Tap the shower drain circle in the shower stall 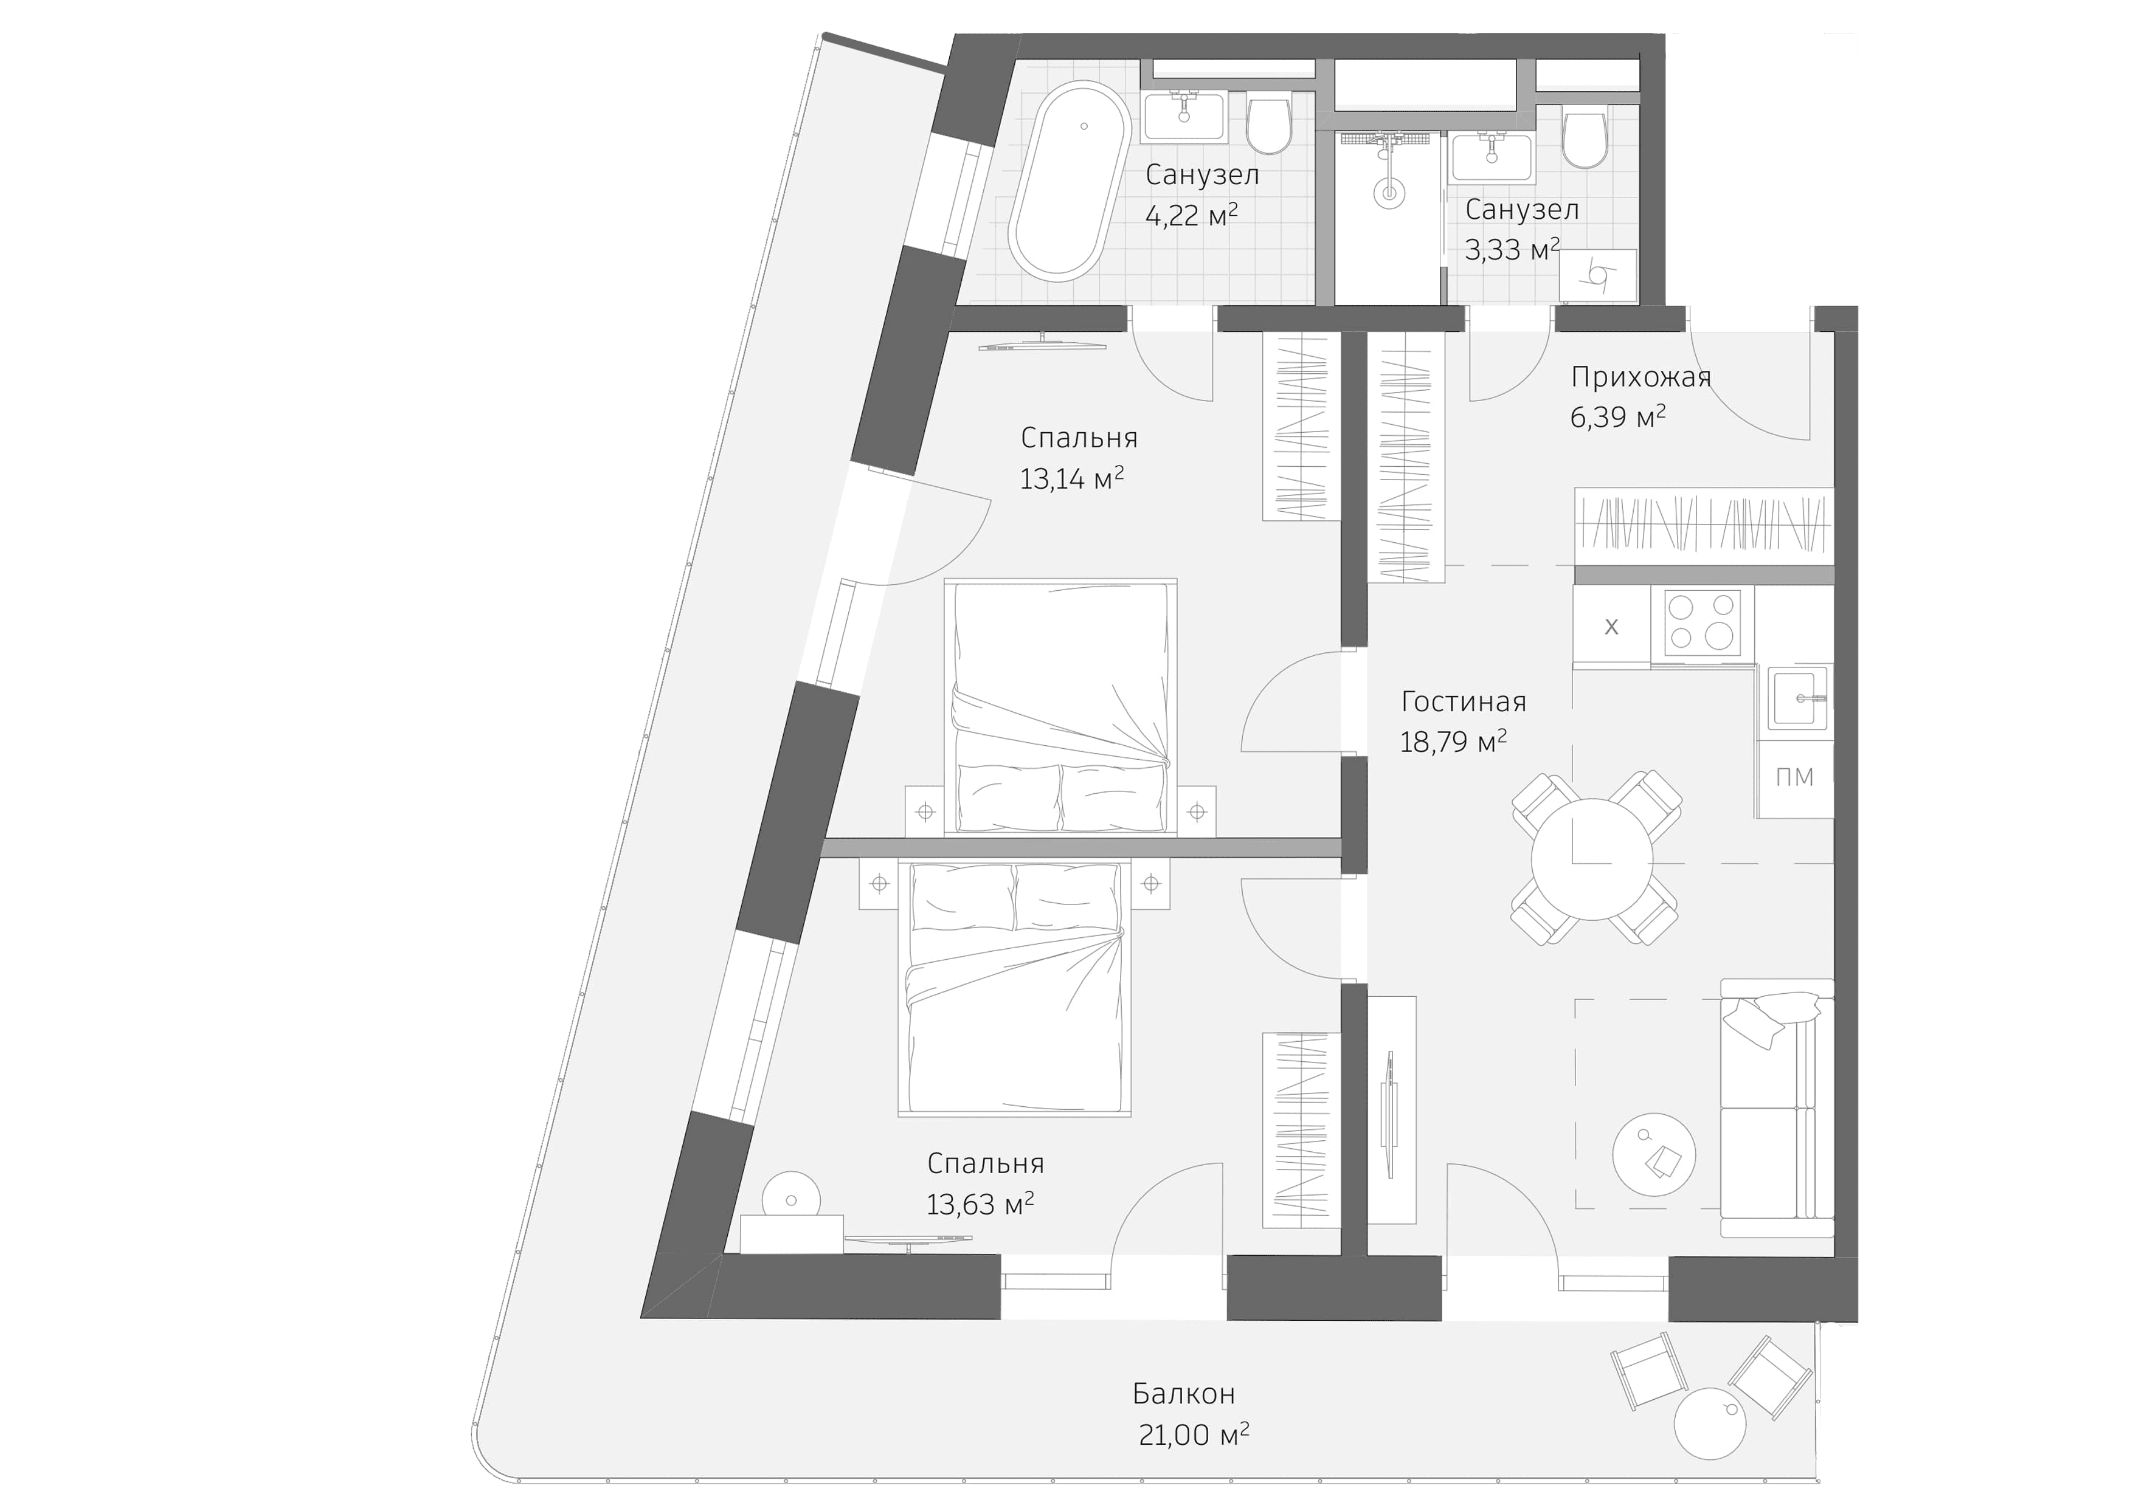(1389, 194)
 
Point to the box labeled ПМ (1794, 777)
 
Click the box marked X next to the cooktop (1611, 627)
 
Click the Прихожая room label (1640, 377)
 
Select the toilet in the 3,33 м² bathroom (1584, 139)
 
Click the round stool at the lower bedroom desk (790, 1198)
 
